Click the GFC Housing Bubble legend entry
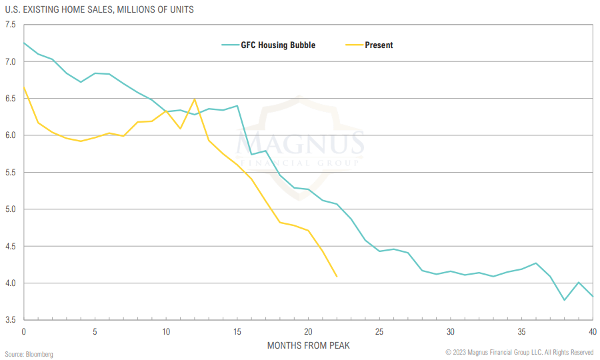278,45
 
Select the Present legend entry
379,45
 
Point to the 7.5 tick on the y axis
10,25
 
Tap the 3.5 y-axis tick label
10,320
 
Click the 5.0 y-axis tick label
10,209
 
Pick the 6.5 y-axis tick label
10,99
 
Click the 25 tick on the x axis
379,331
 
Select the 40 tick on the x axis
593,331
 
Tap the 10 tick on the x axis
166,331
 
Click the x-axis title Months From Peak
308,345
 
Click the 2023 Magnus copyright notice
519,352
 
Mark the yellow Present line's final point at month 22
337,276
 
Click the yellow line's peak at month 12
195,99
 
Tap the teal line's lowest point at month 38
565,300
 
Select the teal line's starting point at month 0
24,43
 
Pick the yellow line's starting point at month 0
24,87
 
